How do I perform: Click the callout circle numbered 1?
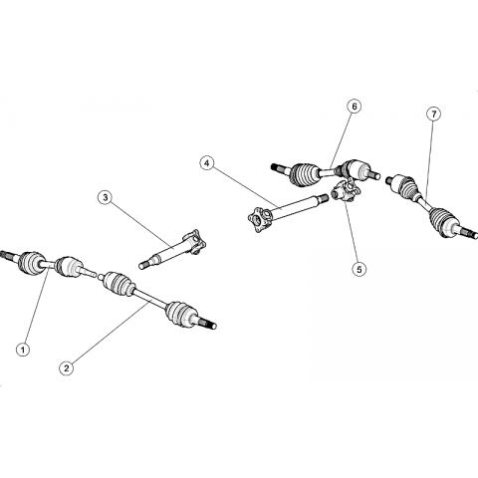coord(23,350)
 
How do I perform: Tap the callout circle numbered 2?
coord(67,367)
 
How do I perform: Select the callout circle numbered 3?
coord(106,197)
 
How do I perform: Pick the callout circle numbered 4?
coord(207,163)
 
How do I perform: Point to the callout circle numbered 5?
coord(359,269)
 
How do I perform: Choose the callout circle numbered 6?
coord(355,107)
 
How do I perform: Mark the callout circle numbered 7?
coord(433,115)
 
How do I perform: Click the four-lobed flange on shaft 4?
coord(260,219)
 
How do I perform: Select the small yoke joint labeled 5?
coord(346,191)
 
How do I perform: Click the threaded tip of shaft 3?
coord(145,265)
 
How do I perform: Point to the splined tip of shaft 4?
coord(322,198)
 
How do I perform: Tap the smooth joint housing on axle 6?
coord(356,169)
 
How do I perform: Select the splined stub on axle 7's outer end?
coord(469,232)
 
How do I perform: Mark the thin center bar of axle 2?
coord(150,299)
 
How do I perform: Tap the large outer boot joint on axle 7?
coord(444,221)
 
